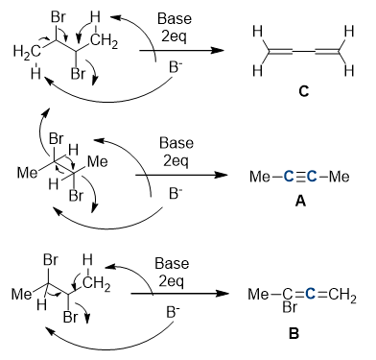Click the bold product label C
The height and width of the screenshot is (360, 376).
point(304,91)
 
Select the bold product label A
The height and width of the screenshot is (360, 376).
point(301,201)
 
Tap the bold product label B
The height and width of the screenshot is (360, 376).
point(294,333)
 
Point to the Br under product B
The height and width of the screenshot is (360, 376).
point(290,307)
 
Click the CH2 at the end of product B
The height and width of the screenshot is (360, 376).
point(342,295)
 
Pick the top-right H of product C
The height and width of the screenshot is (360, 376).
point(349,32)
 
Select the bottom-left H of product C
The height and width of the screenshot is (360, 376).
point(257,70)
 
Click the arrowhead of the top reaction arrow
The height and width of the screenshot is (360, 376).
point(218,50)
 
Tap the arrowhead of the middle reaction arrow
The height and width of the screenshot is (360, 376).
point(221,175)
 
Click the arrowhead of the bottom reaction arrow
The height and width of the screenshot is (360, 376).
point(223,294)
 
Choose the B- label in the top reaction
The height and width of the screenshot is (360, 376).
point(176,68)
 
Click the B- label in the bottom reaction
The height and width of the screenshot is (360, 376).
point(173,312)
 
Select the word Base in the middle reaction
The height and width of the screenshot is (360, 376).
point(176,143)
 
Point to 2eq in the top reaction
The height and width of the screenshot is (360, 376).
point(175,36)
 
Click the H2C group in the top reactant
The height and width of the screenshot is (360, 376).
point(27,52)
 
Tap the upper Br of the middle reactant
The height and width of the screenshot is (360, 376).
point(57,138)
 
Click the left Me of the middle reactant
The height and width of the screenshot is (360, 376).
point(27,173)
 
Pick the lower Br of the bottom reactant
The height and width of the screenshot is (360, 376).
point(70,317)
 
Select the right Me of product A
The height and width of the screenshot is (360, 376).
point(339,177)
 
